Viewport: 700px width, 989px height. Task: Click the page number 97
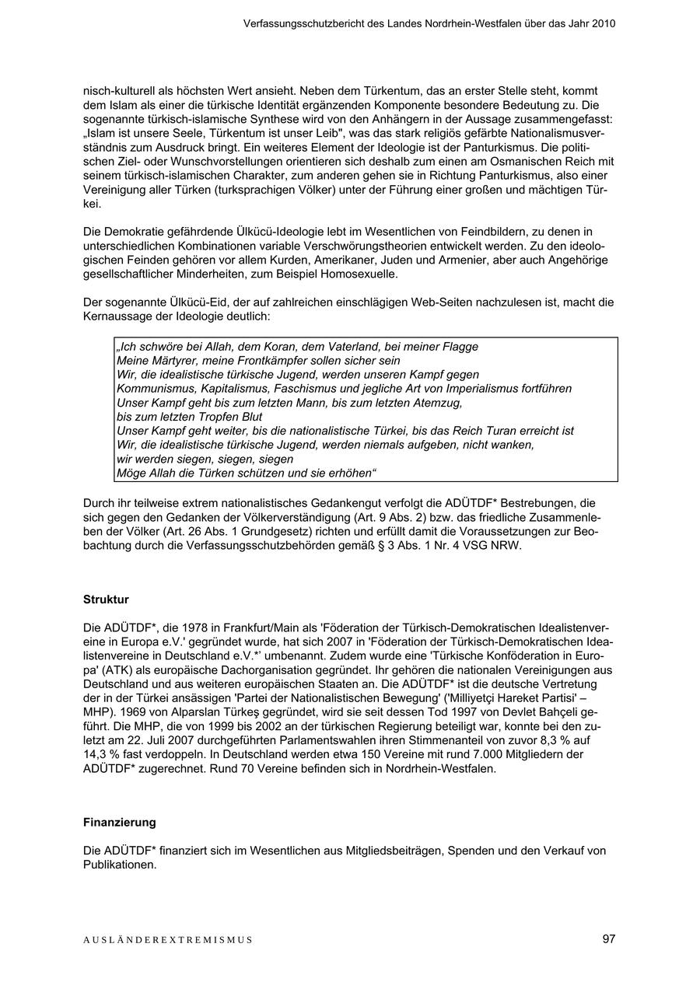click(608, 938)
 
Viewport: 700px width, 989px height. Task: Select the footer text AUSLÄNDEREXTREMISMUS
click(168, 940)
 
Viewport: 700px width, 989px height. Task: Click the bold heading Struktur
click(106, 599)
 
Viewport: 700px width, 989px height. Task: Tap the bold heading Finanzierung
click(119, 822)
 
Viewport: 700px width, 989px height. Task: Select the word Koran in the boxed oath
click(257, 347)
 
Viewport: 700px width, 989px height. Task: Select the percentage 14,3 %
click(104, 754)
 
